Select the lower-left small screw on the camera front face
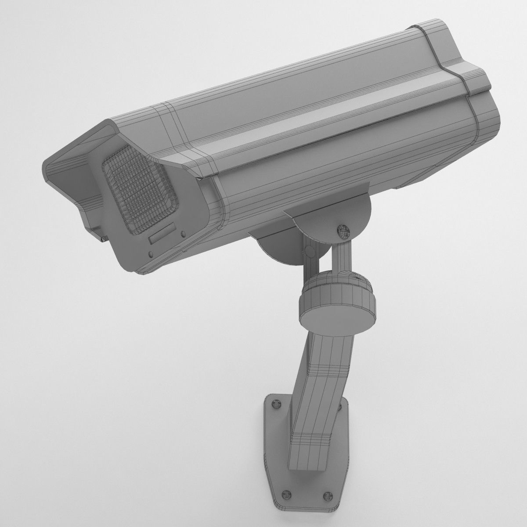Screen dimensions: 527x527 (151, 254)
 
